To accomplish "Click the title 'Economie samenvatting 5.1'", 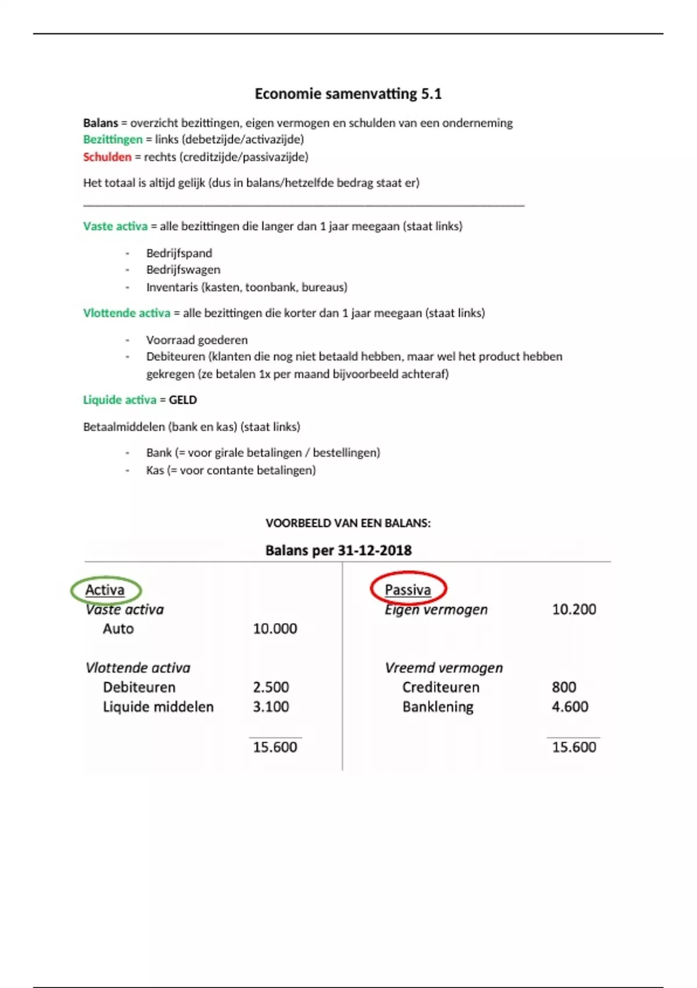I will tap(348, 94).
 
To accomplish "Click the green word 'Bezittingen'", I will tap(113, 139).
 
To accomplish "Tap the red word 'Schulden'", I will tap(107, 157).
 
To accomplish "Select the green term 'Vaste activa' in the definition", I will tap(116, 226).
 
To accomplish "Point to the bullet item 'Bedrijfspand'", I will tap(179, 253).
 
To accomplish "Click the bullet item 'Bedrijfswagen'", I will tap(183, 270).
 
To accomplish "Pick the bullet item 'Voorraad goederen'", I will tap(197, 340).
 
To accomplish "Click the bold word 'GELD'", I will tap(183, 400).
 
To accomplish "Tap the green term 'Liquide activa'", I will tap(120, 400).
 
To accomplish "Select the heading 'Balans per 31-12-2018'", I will tap(339, 550).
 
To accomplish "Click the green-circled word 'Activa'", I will tap(105, 590).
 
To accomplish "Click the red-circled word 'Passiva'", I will tap(408, 590).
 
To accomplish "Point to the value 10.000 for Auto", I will tap(275, 629).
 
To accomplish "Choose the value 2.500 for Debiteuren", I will tap(271, 687).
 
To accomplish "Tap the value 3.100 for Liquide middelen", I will tap(271, 707).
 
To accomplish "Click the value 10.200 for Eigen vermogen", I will tap(574, 609).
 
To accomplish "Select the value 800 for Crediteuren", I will tap(564, 687).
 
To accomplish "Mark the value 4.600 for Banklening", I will tap(570, 707).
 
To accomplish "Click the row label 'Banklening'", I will tap(438, 707).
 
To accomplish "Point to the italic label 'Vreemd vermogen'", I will tap(444, 668).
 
